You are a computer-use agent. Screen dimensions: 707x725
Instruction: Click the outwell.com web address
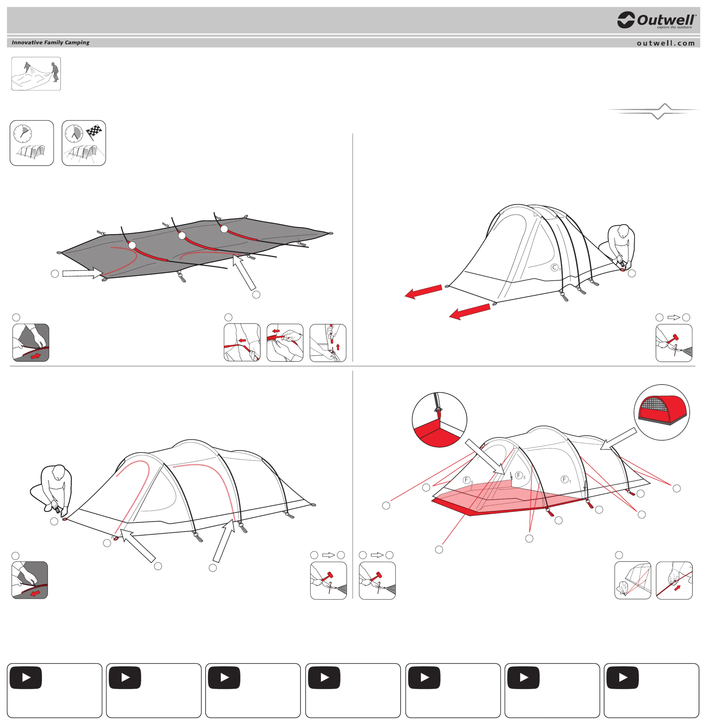[665, 43]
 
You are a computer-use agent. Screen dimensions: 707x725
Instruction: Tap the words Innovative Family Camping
[50, 42]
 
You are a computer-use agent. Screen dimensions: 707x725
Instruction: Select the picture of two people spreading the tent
[36, 74]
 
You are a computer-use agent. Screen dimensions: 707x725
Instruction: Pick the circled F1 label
[565, 479]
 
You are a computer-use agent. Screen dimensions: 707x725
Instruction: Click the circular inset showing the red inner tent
[662, 412]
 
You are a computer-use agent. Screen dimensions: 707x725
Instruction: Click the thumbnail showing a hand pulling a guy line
[674, 580]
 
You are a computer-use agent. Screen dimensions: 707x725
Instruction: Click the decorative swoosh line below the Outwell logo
[654, 111]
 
